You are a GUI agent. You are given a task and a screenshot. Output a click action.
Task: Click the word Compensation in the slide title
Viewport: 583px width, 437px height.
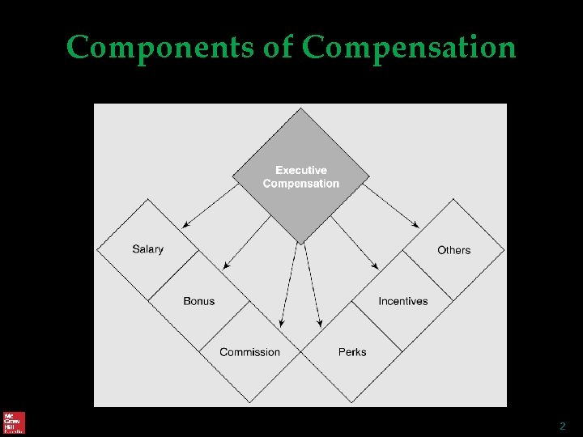(x=409, y=49)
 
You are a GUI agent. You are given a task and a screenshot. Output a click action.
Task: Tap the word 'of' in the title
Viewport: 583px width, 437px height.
(x=280, y=49)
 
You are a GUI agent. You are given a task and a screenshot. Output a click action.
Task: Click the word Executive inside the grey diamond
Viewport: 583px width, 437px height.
(x=301, y=171)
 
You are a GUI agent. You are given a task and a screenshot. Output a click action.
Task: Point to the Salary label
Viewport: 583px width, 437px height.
(x=147, y=249)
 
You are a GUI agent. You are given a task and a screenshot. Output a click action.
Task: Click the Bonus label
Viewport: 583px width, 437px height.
(x=199, y=301)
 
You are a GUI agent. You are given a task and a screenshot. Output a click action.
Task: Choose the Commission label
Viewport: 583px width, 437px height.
(x=249, y=352)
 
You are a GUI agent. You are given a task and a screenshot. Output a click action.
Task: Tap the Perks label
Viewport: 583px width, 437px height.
(x=352, y=352)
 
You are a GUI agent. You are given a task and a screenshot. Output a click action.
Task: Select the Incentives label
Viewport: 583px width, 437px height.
(x=402, y=301)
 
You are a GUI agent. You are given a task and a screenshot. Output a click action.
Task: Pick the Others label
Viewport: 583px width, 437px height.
(x=453, y=250)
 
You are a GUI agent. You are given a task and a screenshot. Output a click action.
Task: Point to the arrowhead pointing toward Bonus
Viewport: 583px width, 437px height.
(x=226, y=266)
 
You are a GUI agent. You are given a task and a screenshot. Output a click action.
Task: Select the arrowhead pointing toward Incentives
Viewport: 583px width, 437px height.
(x=376, y=266)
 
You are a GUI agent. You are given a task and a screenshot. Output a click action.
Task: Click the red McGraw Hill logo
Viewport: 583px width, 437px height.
(x=14, y=422)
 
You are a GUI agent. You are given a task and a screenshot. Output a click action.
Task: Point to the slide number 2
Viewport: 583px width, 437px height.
(x=562, y=426)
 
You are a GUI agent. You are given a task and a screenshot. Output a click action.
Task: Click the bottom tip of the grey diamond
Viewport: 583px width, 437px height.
(x=300, y=244)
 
